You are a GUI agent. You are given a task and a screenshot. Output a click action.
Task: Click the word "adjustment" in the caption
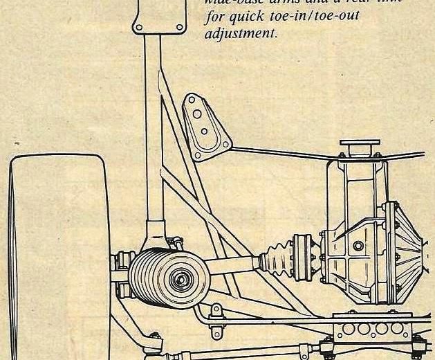(x=240, y=33)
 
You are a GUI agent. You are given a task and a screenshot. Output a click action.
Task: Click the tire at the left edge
(x=55, y=256)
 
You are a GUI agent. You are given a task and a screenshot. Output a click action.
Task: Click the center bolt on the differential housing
(x=358, y=246)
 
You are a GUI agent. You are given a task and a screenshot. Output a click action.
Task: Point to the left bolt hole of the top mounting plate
(x=138, y=28)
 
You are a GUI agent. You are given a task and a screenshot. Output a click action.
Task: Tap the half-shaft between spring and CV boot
(x=232, y=265)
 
